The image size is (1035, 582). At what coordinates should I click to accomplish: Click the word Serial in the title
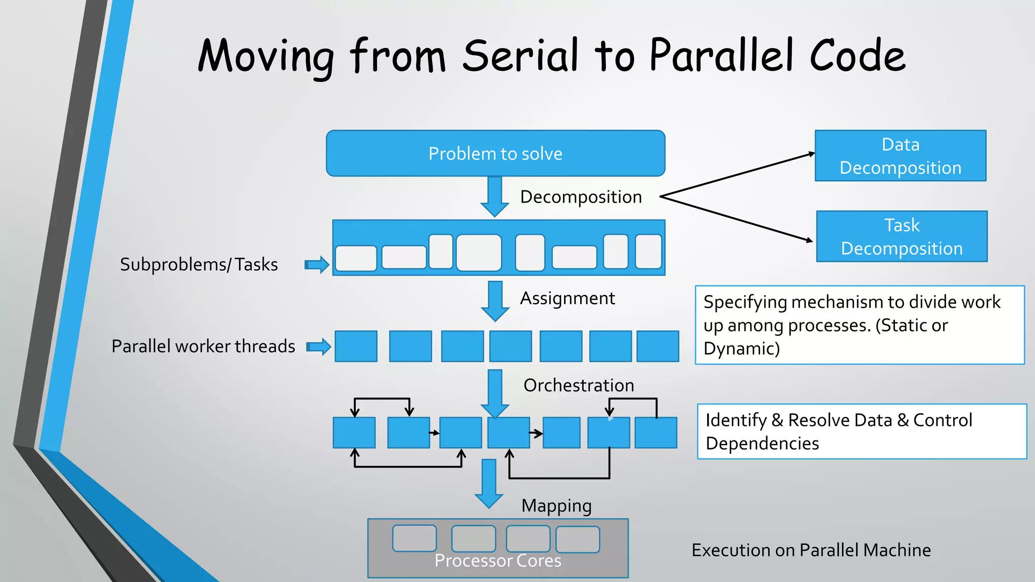coord(520,56)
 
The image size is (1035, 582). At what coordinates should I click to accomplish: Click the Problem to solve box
coord(495,153)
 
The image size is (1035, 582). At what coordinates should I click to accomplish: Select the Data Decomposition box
coord(900,156)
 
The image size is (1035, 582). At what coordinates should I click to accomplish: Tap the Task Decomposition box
coord(902,236)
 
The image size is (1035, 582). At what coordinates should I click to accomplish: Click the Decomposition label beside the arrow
coord(581,197)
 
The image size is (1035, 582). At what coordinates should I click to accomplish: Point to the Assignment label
coord(567,298)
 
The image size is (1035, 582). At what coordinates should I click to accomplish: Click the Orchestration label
coord(578,385)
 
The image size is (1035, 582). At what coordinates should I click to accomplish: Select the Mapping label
coord(556,506)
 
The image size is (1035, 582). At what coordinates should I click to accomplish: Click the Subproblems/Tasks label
coord(199,264)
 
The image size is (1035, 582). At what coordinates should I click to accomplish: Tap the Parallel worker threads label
coord(203,346)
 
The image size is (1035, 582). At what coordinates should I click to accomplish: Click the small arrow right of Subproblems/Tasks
coord(317,264)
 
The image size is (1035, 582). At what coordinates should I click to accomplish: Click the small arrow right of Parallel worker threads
coord(319,347)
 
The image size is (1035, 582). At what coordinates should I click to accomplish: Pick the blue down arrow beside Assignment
coord(495,301)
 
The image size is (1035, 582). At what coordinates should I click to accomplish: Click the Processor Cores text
coord(498,561)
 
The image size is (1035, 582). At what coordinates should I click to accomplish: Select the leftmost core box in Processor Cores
coord(414,538)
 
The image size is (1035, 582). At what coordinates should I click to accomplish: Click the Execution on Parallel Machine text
coord(811,550)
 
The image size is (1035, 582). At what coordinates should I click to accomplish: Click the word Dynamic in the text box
coord(740,349)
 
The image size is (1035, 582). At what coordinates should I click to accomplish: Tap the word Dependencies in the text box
coord(762,444)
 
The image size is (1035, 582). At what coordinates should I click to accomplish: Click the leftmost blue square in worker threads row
coord(356,347)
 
